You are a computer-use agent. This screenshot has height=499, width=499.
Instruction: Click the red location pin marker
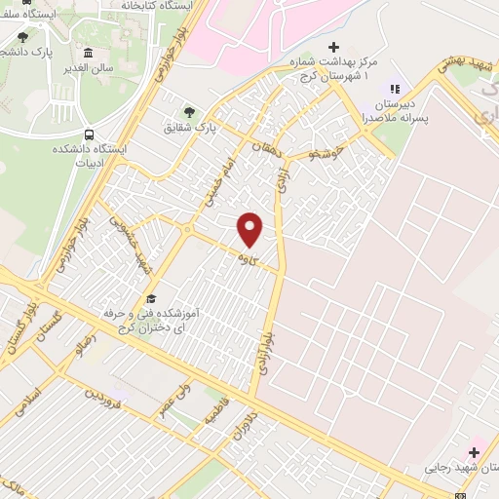(250, 229)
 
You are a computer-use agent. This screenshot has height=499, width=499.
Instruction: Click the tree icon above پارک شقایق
(190, 111)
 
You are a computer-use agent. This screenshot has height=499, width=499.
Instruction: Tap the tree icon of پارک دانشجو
(22, 36)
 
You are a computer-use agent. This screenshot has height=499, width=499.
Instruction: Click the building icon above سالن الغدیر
(89, 53)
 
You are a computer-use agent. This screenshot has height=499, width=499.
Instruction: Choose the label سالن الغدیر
(89, 68)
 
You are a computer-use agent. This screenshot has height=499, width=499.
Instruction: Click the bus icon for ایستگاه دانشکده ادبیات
(91, 134)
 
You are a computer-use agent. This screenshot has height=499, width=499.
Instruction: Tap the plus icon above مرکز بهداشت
(334, 47)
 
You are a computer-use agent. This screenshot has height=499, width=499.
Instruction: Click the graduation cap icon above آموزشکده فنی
(150, 298)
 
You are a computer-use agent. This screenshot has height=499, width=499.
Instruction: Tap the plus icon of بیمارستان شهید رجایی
(475, 451)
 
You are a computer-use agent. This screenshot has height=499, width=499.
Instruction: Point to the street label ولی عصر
(173, 397)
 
